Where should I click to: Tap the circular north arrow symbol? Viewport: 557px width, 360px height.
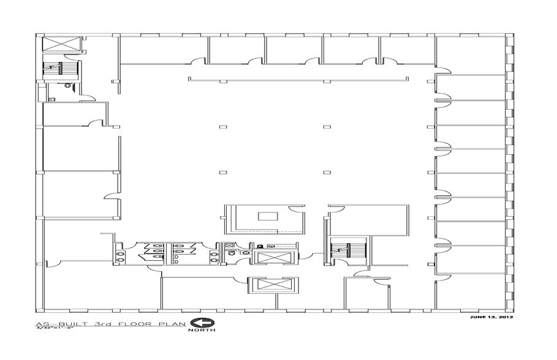200,323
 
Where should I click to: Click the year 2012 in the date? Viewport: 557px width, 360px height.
505,318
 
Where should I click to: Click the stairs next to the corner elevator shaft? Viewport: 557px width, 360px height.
60,67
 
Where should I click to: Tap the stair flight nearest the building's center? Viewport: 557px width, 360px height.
347,249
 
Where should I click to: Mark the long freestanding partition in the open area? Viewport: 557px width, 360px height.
299,78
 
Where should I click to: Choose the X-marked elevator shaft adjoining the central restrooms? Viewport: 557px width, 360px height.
274,257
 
